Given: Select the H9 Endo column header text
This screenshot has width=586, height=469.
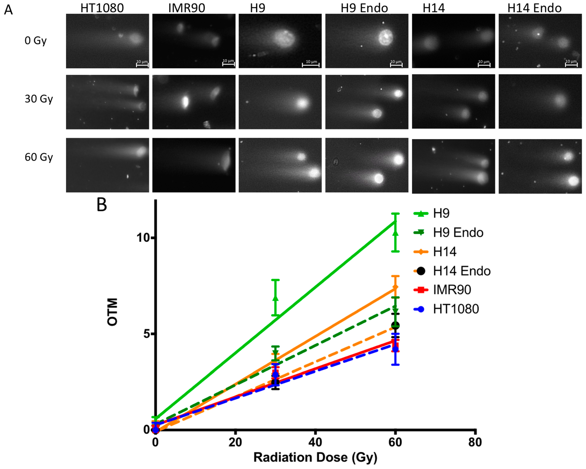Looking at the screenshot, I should [x=364, y=8].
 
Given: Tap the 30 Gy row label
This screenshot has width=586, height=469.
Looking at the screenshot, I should [x=39, y=99].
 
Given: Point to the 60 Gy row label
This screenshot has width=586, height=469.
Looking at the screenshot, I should [x=39, y=157].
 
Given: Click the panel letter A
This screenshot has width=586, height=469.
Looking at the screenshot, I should [x=8, y=10].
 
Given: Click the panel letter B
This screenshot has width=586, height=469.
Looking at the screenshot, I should [x=102, y=205].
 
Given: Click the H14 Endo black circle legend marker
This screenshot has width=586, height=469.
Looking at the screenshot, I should [x=421, y=271].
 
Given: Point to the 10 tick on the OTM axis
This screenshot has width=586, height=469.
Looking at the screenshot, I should [x=143, y=238].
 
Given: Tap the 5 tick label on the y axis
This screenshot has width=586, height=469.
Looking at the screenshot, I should [x=147, y=334].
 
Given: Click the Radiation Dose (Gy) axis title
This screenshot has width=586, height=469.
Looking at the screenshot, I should [x=315, y=457].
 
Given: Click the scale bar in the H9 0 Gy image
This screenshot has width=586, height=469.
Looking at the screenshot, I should [x=311, y=65].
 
